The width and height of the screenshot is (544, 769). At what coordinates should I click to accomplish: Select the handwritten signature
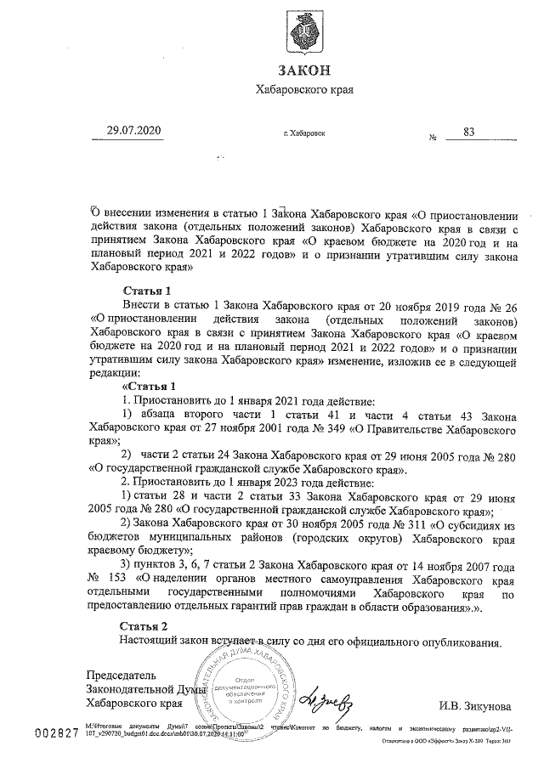[328, 696]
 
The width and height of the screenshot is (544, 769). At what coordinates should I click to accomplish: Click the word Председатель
[122, 676]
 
